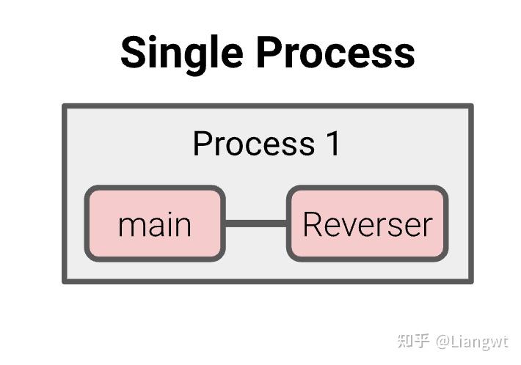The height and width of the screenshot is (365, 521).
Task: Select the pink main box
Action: point(155,224)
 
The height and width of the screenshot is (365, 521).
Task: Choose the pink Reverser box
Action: point(367,224)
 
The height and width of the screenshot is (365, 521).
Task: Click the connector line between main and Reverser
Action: point(255,223)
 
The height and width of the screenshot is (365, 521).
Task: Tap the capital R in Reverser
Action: point(312,224)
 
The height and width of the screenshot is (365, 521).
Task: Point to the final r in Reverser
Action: point(427,226)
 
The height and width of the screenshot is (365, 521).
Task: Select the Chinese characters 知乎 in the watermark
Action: point(412,341)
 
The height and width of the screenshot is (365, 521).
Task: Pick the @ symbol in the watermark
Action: point(442,342)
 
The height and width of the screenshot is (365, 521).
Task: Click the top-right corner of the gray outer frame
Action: point(470,106)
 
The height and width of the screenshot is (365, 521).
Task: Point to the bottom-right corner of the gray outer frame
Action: point(470,280)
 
